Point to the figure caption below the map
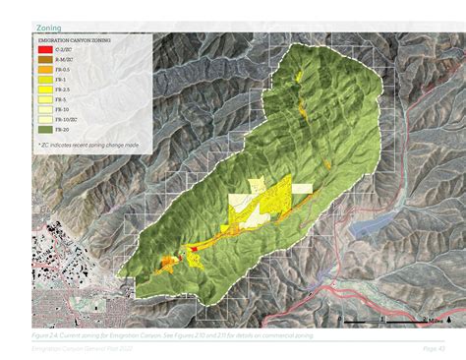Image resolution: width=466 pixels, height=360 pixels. pos(167,335)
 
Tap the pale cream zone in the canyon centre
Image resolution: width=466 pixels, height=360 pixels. pos(244,207)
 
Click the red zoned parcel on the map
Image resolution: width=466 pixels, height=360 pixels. pos(194,248)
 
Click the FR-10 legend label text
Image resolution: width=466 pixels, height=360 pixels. pos(63,109)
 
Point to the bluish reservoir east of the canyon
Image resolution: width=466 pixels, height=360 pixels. pos(372,225)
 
